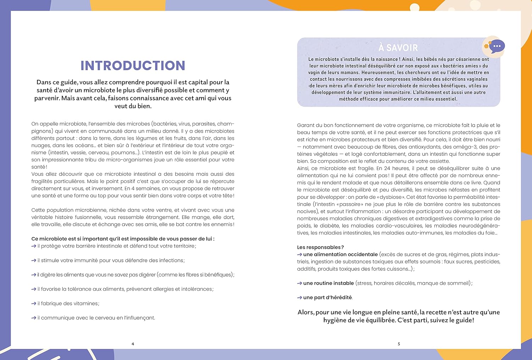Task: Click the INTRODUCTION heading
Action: click(133, 66)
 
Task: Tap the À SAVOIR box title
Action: click(398, 48)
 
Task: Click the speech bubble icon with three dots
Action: click(497, 46)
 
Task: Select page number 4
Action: click(133, 344)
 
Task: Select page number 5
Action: click(399, 344)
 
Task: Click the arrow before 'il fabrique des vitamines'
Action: click(34, 304)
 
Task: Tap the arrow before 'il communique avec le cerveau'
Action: click(34, 318)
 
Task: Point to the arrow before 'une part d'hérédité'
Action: click(300, 298)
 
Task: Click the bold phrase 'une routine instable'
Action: click(328, 283)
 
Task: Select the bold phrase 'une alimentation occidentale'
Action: click(340, 254)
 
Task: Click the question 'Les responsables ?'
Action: click(320, 247)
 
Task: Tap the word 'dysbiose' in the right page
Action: click(390, 197)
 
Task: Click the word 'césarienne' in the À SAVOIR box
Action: click(467, 59)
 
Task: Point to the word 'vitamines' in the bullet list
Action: click(86, 304)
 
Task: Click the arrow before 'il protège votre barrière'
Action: click(34, 246)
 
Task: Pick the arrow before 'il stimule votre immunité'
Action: click(34, 260)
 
